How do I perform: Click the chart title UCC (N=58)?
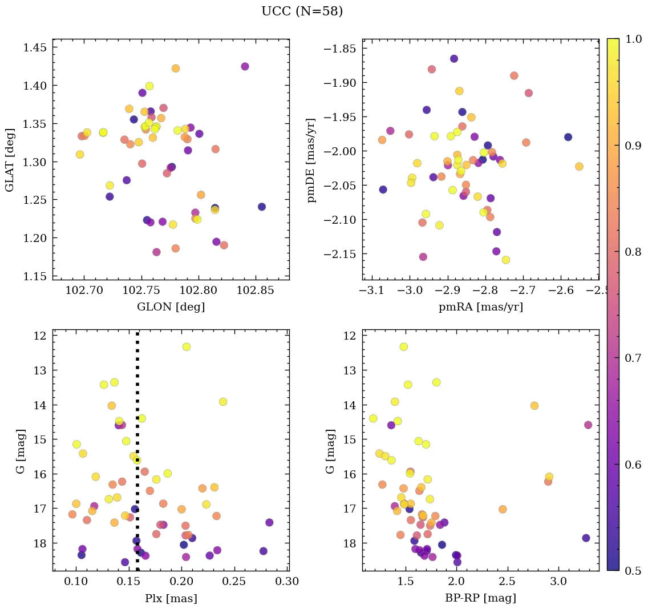302,11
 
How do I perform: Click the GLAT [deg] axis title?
10,159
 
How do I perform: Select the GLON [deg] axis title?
171,306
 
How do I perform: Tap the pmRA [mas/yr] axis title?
480,306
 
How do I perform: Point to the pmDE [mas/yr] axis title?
311,159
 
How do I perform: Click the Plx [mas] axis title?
171,598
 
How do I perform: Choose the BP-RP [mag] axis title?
480,598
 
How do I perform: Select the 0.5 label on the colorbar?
632,571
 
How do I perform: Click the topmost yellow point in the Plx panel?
186,346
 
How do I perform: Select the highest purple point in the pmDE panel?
454,59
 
